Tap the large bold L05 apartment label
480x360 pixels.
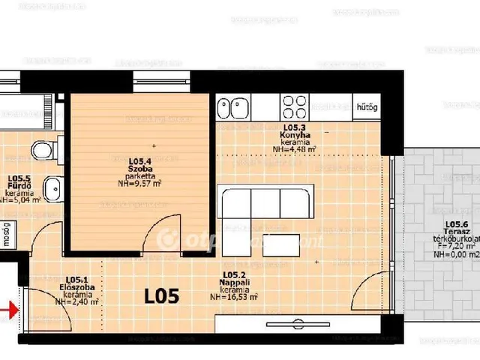coord(161,295)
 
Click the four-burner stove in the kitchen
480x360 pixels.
coord(294,104)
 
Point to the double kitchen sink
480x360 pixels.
coord(233,106)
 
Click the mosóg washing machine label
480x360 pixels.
coord(5,233)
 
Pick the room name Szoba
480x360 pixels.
coord(139,169)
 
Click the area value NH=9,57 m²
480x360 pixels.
coord(139,184)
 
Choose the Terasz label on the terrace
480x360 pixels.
coord(457,232)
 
